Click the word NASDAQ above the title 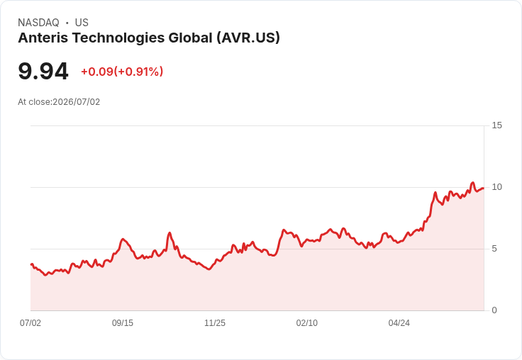[x=38, y=23]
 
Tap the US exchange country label [x=82, y=23]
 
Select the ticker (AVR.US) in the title [x=248, y=38]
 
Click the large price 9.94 [x=43, y=72]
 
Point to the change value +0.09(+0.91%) [x=122, y=72]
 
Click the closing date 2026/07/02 [x=76, y=102]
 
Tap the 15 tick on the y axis [x=496, y=125]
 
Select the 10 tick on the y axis [x=496, y=187]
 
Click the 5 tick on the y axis [x=494, y=249]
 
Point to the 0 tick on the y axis [x=494, y=310]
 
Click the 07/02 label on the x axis [x=30, y=323]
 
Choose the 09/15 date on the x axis [x=123, y=323]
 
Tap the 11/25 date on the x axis [x=215, y=323]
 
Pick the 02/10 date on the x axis [x=307, y=323]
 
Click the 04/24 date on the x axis [x=399, y=323]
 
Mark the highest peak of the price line [x=472, y=182]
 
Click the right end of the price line [x=484, y=189]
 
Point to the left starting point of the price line [x=31, y=264]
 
